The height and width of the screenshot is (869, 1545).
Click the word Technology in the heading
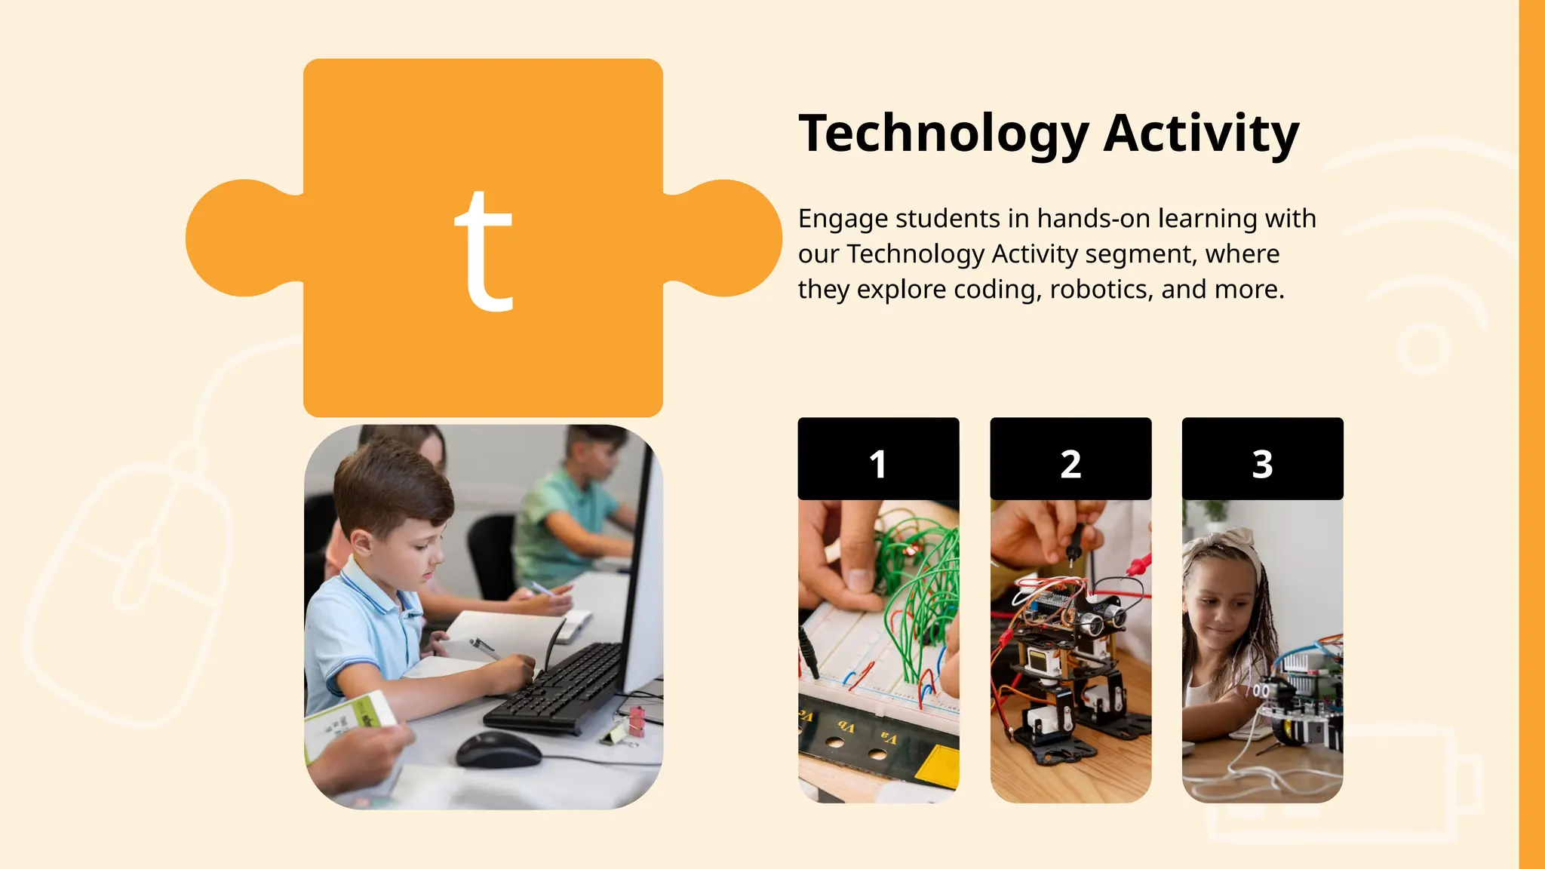[x=943, y=134]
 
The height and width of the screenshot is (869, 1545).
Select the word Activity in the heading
[x=1201, y=134]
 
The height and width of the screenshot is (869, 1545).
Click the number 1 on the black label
[x=877, y=464]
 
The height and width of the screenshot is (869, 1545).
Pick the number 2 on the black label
[x=1070, y=464]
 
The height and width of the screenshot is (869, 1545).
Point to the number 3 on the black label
[x=1262, y=464]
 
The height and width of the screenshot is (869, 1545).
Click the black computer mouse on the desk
[x=498, y=749]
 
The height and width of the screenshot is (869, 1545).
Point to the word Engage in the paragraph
[x=843, y=220]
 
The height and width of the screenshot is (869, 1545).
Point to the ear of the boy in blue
[x=361, y=542]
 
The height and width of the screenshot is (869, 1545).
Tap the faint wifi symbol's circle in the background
[x=1423, y=348]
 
